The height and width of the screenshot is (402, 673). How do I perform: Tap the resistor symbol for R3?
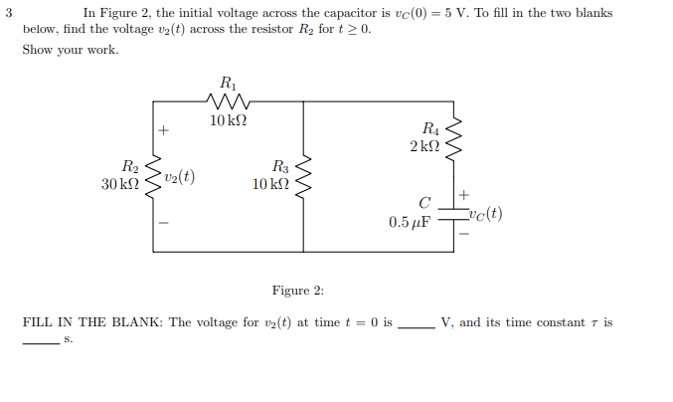click(304, 176)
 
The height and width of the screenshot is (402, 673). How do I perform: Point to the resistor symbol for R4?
click(455, 137)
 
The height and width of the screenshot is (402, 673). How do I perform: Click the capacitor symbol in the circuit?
click(455, 213)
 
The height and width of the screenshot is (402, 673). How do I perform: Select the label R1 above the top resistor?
click(229, 82)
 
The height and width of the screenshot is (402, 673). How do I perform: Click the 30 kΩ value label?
click(120, 185)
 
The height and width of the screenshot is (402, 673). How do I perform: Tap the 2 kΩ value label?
click(423, 146)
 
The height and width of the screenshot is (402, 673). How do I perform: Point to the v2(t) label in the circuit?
click(180, 177)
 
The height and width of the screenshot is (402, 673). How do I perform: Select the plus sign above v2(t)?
click(165, 130)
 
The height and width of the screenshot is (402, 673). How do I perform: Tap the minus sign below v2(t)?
click(165, 222)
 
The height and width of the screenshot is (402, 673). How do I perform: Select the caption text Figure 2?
click(298, 291)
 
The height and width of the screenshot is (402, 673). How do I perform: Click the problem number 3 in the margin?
click(8, 13)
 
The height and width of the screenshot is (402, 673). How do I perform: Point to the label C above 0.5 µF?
click(423, 204)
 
